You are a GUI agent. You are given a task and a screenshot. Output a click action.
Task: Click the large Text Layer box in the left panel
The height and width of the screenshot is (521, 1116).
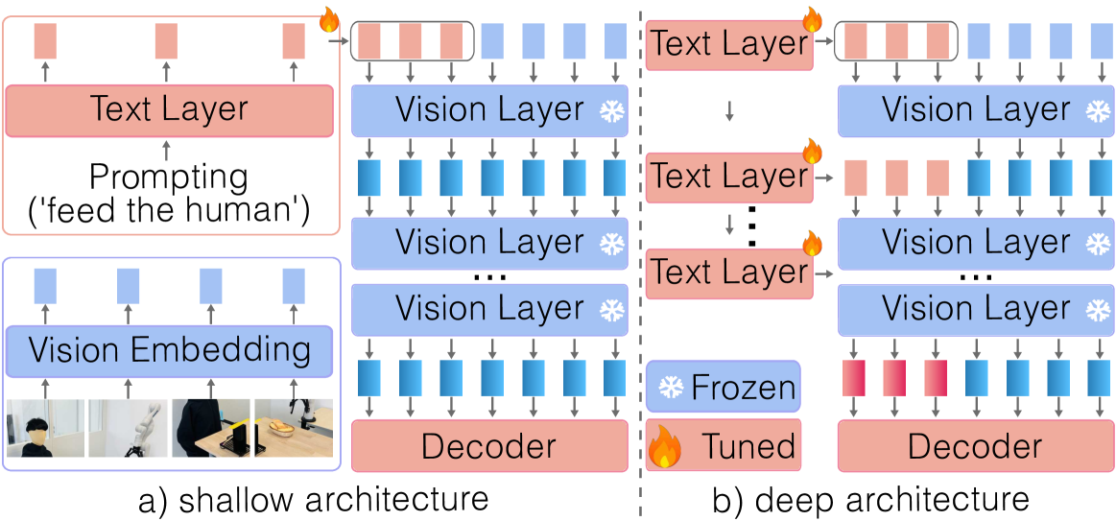(x=169, y=109)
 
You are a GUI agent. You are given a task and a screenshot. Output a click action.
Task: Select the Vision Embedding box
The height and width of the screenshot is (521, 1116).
(x=169, y=350)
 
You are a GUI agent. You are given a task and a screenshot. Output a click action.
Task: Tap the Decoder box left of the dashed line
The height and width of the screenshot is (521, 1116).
(x=488, y=446)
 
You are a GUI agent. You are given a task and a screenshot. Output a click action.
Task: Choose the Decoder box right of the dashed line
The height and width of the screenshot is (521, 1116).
(x=974, y=446)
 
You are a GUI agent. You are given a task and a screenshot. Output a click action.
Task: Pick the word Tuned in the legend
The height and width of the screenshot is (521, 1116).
(x=748, y=446)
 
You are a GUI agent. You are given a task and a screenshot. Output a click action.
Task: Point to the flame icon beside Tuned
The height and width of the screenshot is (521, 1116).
(x=665, y=447)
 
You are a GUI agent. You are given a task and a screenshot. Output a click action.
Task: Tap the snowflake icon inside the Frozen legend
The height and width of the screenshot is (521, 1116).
(x=672, y=388)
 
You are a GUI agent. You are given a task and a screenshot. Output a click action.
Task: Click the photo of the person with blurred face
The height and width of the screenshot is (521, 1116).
(x=45, y=428)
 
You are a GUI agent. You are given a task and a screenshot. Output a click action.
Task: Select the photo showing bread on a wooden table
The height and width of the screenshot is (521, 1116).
(x=293, y=428)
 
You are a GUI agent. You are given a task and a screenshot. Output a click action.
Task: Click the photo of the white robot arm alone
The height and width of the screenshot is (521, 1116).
(x=128, y=428)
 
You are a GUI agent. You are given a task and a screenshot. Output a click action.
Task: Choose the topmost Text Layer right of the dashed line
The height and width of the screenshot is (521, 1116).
(x=729, y=44)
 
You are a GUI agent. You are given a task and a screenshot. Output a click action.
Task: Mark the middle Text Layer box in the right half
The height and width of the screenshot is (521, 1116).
(x=729, y=177)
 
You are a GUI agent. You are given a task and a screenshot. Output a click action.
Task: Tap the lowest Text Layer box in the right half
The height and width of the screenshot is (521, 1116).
(x=729, y=272)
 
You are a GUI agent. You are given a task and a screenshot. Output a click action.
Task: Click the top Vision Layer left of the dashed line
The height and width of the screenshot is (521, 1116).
(x=488, y=110)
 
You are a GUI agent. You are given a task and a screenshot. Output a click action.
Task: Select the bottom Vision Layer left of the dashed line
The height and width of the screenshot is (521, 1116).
(x=488, y=309)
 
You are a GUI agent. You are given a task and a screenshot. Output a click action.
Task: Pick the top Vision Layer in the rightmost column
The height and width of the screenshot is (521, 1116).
(x=974, y=110)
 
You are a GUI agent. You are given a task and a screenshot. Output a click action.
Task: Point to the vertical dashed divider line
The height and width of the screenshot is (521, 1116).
(x=640, y=259)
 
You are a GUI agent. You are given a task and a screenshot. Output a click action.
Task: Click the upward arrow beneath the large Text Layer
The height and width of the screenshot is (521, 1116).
(x=167, y=150)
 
